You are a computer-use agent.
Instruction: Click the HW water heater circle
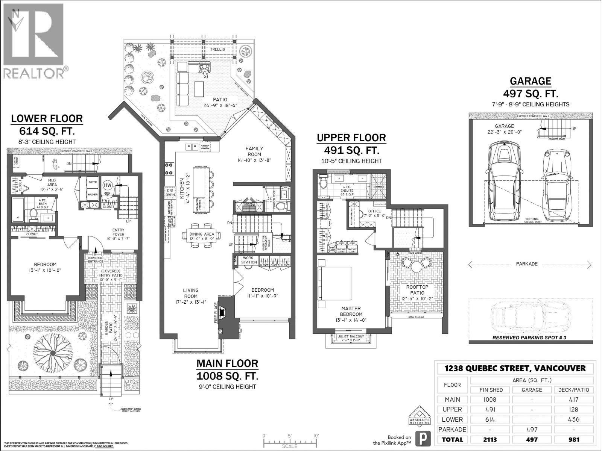(x=107, y=185)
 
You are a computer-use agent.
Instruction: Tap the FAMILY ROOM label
(x=255, y=151)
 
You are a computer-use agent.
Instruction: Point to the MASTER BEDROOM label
(x=351, y=311)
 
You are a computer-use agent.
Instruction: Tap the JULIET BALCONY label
(x=351, y=336)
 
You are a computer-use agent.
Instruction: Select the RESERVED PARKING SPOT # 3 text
(x=529, y=337)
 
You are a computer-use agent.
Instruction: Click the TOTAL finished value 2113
(x=491, y=439)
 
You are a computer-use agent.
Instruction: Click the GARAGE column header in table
(x=532, y=390)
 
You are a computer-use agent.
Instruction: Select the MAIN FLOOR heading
(x=227, y=363)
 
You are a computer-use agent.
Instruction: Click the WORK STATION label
(x=249, y=260)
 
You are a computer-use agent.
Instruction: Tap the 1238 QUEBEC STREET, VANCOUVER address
(x=515, y=368)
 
